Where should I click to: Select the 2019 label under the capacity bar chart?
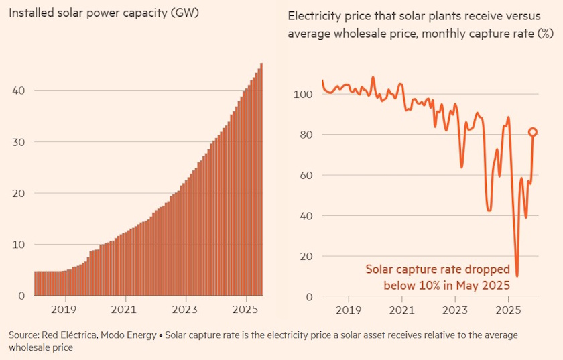pyautogui.click(x=64, y=310)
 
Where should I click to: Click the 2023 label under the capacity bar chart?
pyautogui.click(x=185, y=310)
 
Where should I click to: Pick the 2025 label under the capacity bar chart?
pyautogui.click(x=245, y=310)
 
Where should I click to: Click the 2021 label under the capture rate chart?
pyautogui.click(x=401, y=310)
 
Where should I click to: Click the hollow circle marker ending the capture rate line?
pyautogui.click(x=533, y=132)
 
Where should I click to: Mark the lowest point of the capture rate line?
pyautogui.click(x=517, y=275)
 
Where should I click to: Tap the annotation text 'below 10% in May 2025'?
pyautogui.click(x=446, y=285)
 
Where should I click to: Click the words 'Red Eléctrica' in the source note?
pyautogui.click(x=69, y=335)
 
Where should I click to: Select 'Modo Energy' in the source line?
pyautogui.click(x=126, y=335)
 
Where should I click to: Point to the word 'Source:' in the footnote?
pyautogui.click(x=24, y=335)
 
